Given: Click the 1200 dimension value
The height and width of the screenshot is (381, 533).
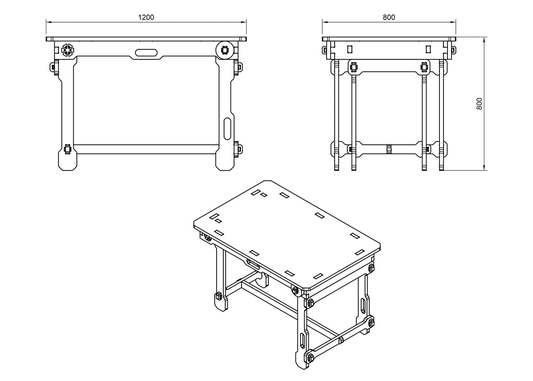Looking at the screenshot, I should pos(146,17).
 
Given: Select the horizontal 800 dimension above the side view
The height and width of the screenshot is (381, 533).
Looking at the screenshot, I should pos(388,17).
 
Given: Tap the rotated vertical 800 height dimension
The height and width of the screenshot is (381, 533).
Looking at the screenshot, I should pos(479,104).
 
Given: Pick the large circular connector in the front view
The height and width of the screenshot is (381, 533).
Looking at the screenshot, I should pos(225,50).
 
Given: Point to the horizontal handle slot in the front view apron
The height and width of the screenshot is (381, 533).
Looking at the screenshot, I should pos(147,53).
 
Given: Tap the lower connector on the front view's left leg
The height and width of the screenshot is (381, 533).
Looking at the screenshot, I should pos(67,149).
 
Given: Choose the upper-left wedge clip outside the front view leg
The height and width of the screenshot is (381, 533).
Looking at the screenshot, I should pos(53,67).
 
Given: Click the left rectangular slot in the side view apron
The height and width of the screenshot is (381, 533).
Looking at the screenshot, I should pos(350,49).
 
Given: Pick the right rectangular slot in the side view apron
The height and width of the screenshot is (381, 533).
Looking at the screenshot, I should pos(428,49).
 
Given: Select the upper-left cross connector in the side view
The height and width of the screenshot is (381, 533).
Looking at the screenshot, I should pos(353,67).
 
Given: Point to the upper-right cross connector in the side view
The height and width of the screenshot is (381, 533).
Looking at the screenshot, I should pos(424,67).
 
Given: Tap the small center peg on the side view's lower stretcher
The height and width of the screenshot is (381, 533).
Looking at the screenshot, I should pos(389,149).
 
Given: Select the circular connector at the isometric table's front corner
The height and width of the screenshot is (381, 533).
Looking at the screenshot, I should pos(295,290).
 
